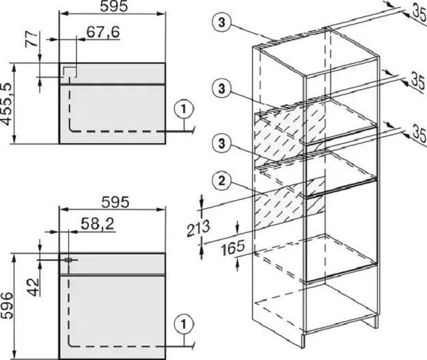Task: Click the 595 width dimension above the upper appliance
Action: tap(113, 6)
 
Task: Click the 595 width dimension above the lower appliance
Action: tap(115, 202)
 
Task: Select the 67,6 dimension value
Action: tap(103, 32)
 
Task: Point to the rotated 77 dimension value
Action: tap(31, 40)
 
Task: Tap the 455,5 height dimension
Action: tap(7, 105)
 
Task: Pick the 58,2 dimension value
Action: tap(98, 225)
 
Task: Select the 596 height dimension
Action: tap(7, 305)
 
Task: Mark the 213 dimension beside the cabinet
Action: tap(199, 228)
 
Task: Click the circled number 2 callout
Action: tap(221, 181)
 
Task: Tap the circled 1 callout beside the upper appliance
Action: tap(184, 109)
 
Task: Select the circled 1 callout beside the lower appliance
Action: tap(184, 324)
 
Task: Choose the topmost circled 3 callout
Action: tap(221, 23)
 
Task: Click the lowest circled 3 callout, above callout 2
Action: tap(221, 143)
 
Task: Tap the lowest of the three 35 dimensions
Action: tap(419, 133)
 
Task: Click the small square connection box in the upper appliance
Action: tap(69, 71)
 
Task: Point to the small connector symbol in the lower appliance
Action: tap(68, 260)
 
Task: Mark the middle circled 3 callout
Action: tap(221, 89)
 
